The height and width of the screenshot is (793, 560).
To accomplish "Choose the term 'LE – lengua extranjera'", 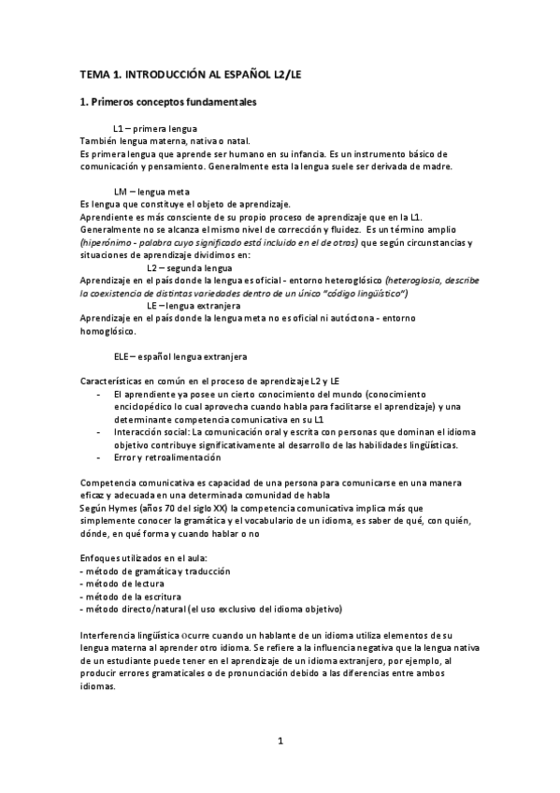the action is (194, 306).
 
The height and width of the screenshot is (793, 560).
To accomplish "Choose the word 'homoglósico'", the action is (108, 331).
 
